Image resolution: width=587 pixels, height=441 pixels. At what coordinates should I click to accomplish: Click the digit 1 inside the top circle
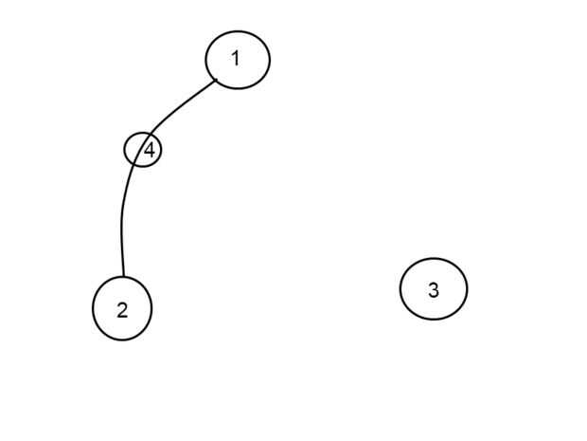pyautogui.click(x=235, y=59)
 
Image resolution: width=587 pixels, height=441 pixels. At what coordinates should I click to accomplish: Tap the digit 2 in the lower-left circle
pyautogui.click(x=122, y=310)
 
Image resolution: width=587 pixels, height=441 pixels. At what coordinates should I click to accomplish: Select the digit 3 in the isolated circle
pyautogui.click(x=434, y=290)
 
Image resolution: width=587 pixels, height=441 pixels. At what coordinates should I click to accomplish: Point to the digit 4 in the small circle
pyautogui.click(x=149, y=150)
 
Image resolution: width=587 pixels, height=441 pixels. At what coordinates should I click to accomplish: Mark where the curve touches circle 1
pyautogui.click(x=217, y=80)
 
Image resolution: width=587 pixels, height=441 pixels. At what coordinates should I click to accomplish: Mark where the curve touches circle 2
pyautogui.click(x=123, y=277)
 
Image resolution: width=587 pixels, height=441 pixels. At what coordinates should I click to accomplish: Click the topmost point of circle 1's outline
pyautogui.click(x=238, y=29)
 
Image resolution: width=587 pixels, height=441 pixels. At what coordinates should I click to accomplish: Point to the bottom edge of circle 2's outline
pyautogui.click(x=122, y=340)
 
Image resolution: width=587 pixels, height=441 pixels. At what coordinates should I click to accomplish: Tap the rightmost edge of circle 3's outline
pyautogui.click(x=467, y=289)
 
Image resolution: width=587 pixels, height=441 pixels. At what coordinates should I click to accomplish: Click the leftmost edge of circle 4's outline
pyautogui.click(x=125, y=149)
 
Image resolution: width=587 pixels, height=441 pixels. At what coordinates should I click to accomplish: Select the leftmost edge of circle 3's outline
pyautogui.click(x=400, y=289)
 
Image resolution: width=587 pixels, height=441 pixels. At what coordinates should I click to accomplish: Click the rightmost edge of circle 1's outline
pyautogui.click(x=270, y=60)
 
